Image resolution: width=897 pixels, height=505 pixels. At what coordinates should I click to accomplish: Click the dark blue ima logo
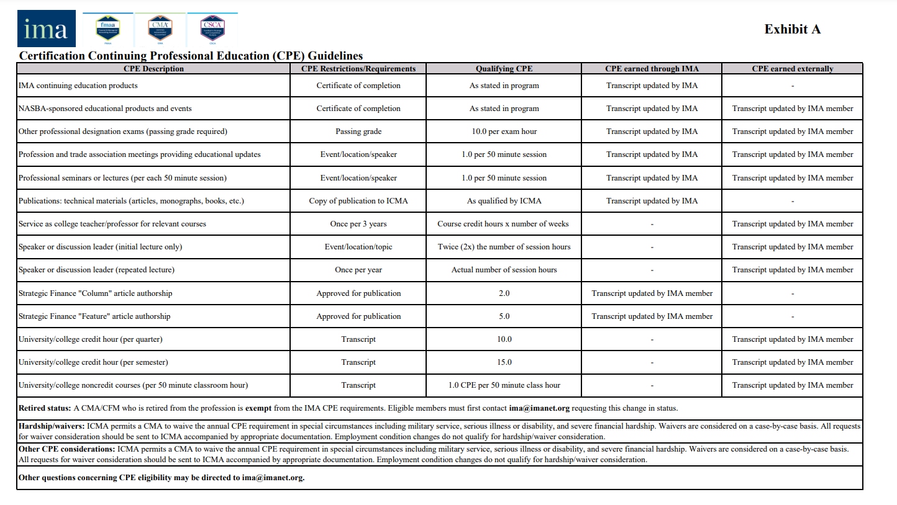pyautogui.click(x=47, y=29)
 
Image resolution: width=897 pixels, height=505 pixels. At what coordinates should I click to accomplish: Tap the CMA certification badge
pyautogui.click(x=160, y=29)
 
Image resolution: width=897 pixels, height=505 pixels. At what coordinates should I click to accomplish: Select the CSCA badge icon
pyautogui.click(x=212, y=29)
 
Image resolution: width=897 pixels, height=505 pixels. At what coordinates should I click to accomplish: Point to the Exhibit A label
pyautogui.click(x=792, y=29)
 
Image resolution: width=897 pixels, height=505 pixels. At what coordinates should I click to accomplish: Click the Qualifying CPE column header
pyautogui.click(x=504, y=69)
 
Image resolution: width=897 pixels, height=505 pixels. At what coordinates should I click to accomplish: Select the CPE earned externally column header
pyautogui.click(x=792, y=69)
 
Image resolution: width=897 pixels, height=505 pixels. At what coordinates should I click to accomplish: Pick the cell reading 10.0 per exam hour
pyautogui.click(x=504, y=132)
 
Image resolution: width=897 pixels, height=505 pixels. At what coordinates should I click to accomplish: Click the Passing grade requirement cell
pyautogui.click(x=358, y=132)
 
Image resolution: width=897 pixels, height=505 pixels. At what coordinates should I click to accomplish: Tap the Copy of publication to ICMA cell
pyautogui.click(x=358, y=201)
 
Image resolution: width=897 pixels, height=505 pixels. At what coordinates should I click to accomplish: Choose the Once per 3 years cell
pyautogui.click(x=358, y=224)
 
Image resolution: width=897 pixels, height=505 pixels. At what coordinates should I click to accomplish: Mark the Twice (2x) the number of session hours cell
pyautogui.click(x=504, y=247)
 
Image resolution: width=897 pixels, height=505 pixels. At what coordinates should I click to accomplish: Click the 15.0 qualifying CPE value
pyautogui.click(x=504, y=362)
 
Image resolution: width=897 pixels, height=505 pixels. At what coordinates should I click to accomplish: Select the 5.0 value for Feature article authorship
pyautogui.click(x=504, y=316)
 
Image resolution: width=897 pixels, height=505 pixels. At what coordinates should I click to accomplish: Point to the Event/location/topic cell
pyautogui.click(x=358, y=247)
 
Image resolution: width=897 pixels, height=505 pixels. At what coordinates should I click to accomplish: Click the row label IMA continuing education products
pyautogui.click(x=78, y=86)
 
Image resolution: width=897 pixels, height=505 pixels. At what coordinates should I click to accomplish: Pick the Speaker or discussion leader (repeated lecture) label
pyautogui.click(x=96, y=270)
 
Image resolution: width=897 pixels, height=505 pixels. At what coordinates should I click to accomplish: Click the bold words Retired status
pyautogui.click(x=45, y=408)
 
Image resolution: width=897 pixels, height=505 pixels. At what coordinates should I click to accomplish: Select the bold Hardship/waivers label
pyautogui.click(x=52, y=426)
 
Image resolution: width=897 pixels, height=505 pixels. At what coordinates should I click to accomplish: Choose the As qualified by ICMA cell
pyautogui.click(x=504, y=201)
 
